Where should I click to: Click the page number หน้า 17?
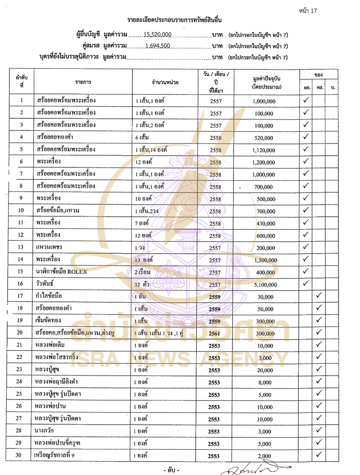(308, 11)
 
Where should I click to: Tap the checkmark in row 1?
(306, 100)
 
